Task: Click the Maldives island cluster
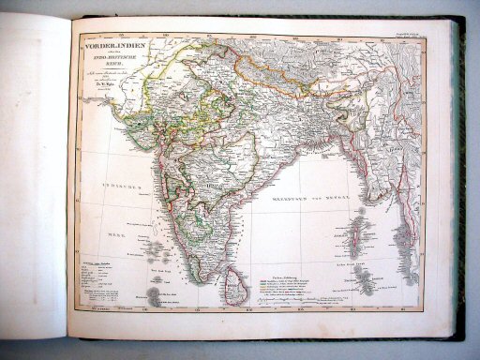(148, 295)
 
